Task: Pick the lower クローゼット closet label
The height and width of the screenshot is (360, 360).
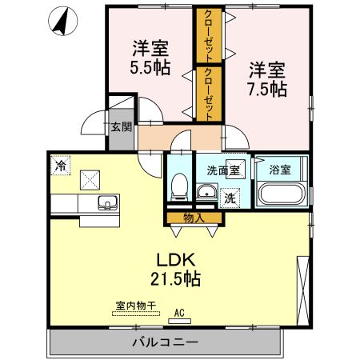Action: tap(208, 94)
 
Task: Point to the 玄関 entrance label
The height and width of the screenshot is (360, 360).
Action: tap(121, 126)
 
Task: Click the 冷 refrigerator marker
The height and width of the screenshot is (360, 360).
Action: tap(61, 166)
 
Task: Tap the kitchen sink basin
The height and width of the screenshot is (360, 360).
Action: tap(106, 202)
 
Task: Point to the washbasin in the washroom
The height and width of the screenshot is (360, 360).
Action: tap(206, 191)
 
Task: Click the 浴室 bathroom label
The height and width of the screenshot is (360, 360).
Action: tap(279, 170)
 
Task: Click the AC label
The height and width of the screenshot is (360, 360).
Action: tap(179, 312)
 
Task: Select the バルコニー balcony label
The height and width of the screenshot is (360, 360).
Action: tap(165, 342)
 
